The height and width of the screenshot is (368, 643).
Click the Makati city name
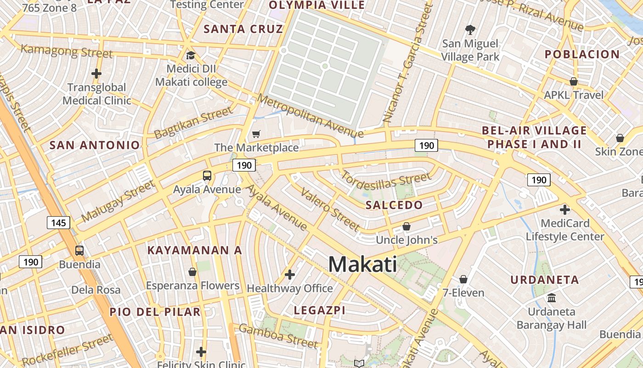pos(363,264)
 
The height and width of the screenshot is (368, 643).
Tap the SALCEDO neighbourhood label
pos(394,205)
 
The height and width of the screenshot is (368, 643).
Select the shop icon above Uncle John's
pos(406,226)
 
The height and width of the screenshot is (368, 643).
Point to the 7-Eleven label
pos(463,293)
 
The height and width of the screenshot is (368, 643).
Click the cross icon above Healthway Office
pos(290,275)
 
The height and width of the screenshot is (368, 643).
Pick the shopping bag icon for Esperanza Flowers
pos(192,272)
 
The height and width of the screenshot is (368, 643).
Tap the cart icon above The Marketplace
pos(256,134)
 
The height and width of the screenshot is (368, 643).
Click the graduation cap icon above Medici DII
pos(191,56)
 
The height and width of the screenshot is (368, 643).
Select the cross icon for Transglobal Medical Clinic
pos(96,73)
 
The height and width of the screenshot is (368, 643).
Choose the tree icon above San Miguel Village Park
pos(470,30)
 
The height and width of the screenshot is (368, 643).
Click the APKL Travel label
pos(574,95)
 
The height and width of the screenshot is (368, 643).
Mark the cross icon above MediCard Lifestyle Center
pos(565,210)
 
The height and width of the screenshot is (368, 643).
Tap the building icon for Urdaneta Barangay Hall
pos(552,298)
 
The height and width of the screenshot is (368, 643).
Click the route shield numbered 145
pos(58,223)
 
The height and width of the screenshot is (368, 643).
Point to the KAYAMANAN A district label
pos(194,250)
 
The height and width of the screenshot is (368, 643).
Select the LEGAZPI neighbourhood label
pos(319,310)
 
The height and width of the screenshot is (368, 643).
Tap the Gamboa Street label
pos(278,336)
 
